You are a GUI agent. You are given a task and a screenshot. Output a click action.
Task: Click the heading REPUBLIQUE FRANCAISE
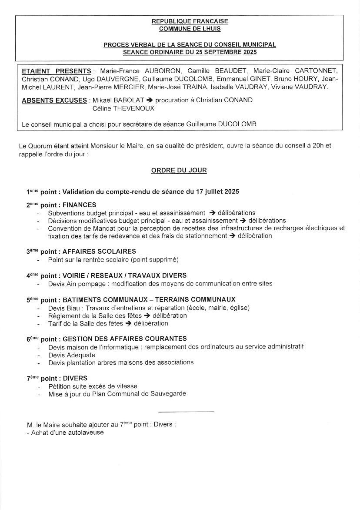[190, 21]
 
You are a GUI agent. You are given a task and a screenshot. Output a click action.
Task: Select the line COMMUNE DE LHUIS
[190, 29]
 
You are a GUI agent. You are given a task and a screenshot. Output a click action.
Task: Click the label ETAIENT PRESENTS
[57, 71]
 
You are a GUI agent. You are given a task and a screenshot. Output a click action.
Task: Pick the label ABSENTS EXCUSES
[54, 100]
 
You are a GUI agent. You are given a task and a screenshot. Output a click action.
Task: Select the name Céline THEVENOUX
[123, 108]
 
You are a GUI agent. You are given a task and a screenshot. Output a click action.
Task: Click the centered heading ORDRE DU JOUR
[179, 170]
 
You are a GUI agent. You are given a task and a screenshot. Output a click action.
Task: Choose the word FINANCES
[80, 205]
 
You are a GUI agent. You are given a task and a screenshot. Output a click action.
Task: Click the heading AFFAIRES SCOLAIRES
[99, 252]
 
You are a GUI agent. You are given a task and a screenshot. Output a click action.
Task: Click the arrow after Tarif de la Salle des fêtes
[128, 323]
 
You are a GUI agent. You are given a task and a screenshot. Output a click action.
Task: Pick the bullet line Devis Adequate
[71, 355]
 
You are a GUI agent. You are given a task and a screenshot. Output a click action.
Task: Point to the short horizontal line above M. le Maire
[186, 411]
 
